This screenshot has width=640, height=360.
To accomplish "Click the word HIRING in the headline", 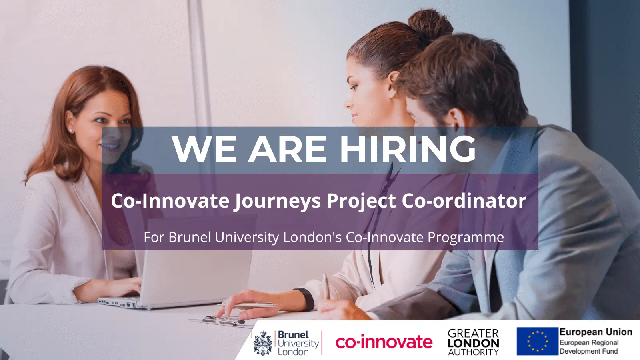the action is (408, 148).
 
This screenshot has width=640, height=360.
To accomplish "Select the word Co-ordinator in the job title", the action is (464, 200).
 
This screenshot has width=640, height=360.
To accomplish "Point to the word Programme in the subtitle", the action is (466, 238).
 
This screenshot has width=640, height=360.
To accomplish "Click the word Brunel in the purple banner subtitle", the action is (190, 237).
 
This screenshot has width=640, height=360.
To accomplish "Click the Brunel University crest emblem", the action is (263, 343).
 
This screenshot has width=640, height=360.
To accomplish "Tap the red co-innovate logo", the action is (384, 342).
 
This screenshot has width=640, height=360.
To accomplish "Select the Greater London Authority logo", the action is (474, 342).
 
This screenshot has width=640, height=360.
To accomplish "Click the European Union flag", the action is (538, 341).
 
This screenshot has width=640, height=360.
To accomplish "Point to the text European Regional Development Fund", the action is (589, 346).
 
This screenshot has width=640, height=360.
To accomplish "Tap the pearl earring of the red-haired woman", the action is (70, 130).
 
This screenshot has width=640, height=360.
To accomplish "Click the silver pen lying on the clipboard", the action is (248, 305).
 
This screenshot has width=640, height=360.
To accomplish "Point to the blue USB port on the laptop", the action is (128, 304).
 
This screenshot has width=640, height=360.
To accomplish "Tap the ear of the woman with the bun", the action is (392, 84).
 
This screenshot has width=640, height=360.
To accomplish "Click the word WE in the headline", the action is (204, 148).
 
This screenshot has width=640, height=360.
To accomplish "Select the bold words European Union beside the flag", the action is (596, 332).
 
